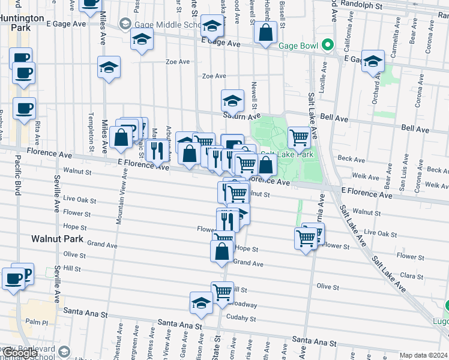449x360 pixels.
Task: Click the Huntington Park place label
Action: pyautogui.click(x=22, y=23)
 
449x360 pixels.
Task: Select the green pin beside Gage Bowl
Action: pyautogui.click(x=327, y=45)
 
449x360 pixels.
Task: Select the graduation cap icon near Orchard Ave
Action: pyautogui.click(x=373, y=62)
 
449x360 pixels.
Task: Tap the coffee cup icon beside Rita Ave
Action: pyautogui.click(x=25, y=109)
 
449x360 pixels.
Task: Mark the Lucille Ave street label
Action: pyautogui.click(x=324, y=76)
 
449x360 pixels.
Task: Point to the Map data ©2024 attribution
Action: pyautogui.click(x=423, y=355)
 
